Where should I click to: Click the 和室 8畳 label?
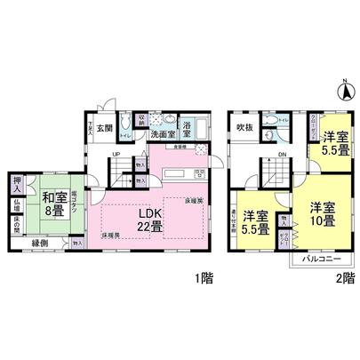click(x=50, y=205)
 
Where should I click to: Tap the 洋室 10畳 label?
click(x=322, y=214)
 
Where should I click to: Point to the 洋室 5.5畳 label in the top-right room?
click(x=334, y=143)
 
